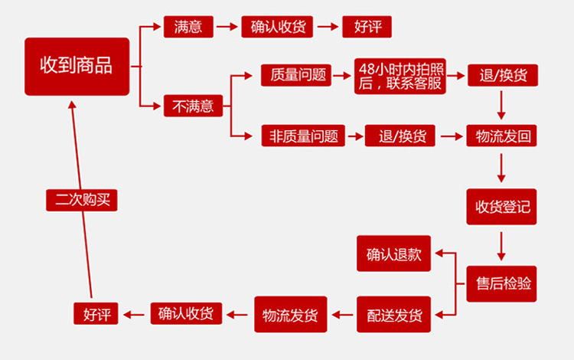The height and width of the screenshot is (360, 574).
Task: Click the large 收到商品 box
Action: pos(77,66)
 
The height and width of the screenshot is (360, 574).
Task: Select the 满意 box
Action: pos(188,26)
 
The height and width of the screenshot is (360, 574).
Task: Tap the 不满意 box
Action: pos(193,106)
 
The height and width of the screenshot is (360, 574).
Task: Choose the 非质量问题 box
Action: pos(302,136)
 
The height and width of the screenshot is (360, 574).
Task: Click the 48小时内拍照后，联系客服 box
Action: pos(400,75)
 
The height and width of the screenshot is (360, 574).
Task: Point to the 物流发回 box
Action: pos(502,136)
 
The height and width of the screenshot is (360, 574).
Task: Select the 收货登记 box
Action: pos(502,206)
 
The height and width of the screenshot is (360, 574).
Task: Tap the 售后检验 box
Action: pos(502,283)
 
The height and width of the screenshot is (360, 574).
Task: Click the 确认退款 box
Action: pos(394,254)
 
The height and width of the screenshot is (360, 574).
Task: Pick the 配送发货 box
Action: pos(394,314)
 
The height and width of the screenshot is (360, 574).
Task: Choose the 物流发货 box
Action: pos(290,314)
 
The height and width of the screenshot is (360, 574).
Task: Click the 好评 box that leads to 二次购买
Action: pos(96,313)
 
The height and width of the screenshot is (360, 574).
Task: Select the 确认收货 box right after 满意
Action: pos(277,26)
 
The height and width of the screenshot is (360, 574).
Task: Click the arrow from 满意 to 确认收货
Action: pos(227,26)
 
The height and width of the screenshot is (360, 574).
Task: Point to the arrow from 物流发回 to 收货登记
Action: pos(502,168)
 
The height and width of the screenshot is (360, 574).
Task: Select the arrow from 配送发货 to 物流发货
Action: pos(341,314)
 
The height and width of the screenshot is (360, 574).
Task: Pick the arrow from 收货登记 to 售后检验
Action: pos(502,244)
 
